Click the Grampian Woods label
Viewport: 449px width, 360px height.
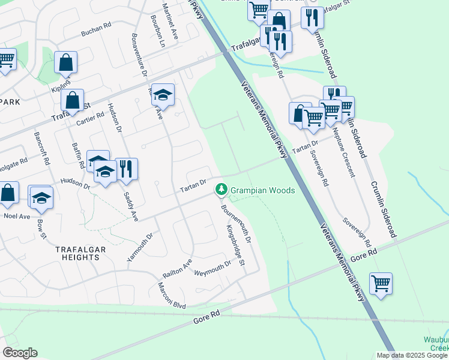click(x=264, y=190)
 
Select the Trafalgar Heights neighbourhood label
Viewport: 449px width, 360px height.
click(x=77, y=253)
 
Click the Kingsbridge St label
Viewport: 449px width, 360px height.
click(x=236, y=246)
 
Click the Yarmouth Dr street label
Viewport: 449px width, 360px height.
click(x=137, y=247)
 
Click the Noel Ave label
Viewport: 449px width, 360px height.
click(x=16, y=215)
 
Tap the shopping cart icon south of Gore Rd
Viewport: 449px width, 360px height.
click(x=381, y=283)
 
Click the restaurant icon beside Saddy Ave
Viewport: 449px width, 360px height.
click(x=126, y=169)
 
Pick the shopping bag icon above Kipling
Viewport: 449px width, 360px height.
click(x=66, y=62)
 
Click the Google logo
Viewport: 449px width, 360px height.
click(x=20, y=353)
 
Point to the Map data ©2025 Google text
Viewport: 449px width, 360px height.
click(x=411, y=355)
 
